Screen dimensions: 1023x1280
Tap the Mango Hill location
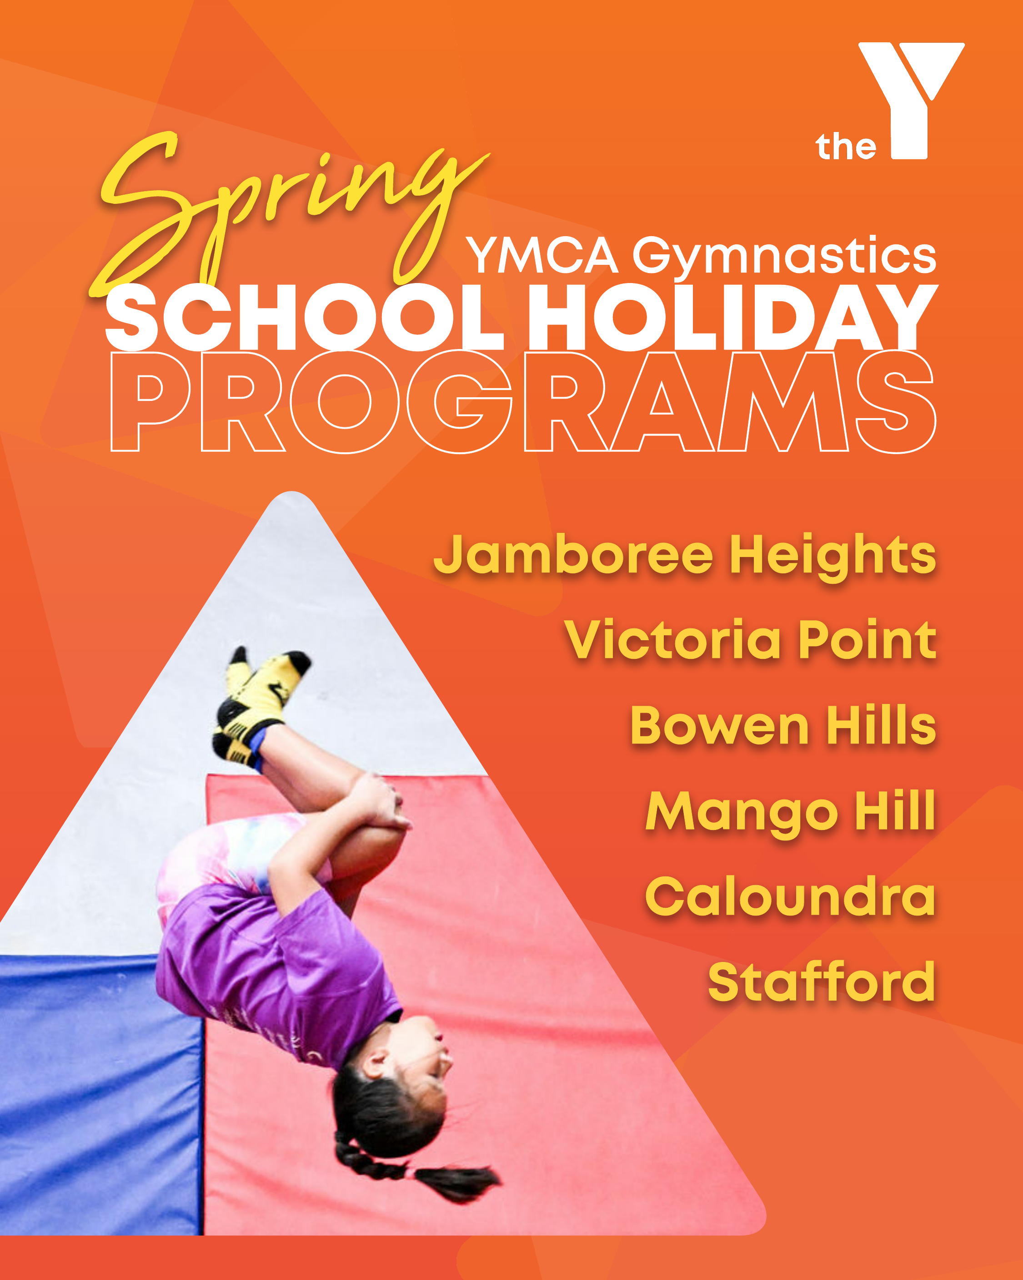pyautogui.click(x=790, y=813)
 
